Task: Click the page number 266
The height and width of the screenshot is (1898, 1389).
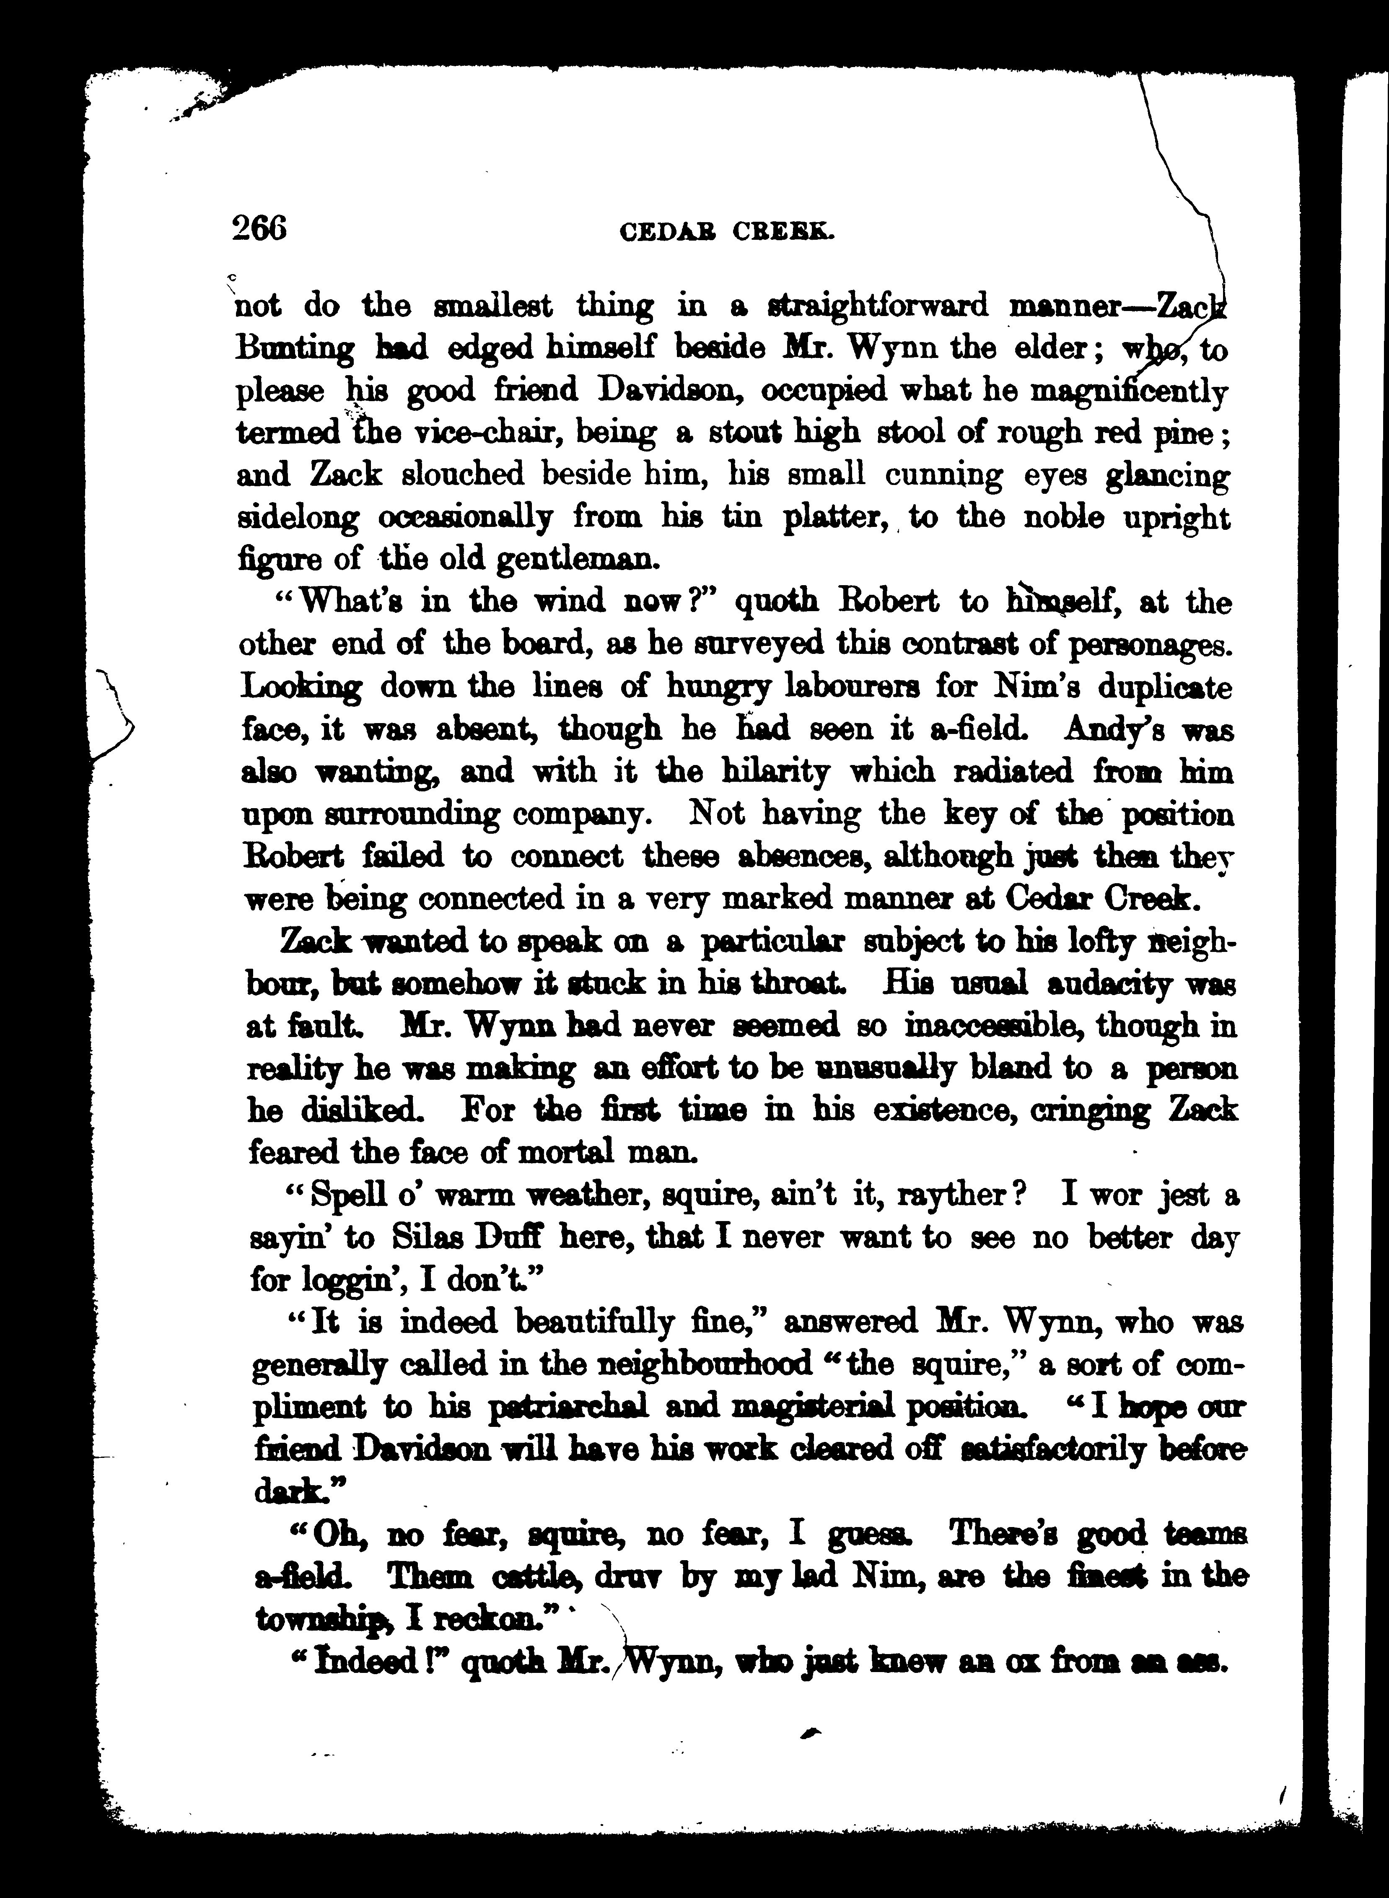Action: coord(259,228)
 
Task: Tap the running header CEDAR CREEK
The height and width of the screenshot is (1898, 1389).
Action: coord(726,231)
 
